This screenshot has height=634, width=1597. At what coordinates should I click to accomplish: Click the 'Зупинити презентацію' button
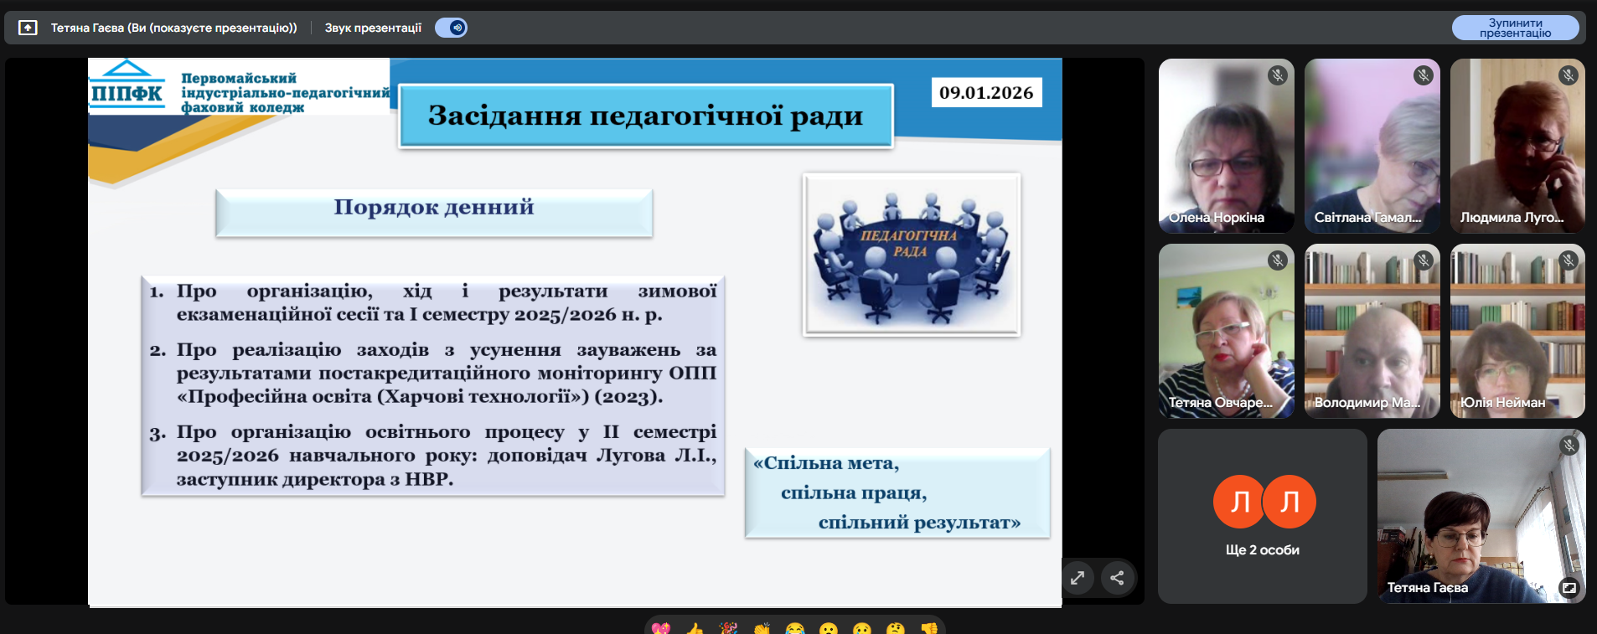click(1515, 28)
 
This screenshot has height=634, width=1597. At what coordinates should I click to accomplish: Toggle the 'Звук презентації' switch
click(451, 28)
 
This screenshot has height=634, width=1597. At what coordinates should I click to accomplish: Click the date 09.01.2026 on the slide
click(986, 92)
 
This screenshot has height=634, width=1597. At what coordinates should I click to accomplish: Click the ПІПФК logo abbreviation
click(127, 93)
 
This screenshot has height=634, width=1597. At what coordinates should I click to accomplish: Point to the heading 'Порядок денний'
click(434, 207)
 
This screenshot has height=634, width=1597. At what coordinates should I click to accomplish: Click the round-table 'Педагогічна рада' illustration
click(912, 255)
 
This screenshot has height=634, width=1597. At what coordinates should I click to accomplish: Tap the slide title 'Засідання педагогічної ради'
click(645, 116)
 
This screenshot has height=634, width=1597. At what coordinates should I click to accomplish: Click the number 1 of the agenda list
click(156, 292)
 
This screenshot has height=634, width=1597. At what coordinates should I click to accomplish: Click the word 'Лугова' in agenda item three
click(631, 456)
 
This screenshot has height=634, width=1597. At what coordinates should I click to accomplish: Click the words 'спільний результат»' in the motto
click(919, 523)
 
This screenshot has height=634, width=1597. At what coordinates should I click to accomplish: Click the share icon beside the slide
click(1117, 578)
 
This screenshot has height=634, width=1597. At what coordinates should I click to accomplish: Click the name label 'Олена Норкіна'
click(1216, 218)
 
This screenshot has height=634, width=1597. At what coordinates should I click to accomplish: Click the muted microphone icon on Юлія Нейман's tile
click(1569, 260)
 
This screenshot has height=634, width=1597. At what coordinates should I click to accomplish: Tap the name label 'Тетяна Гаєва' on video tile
click(1427, 588)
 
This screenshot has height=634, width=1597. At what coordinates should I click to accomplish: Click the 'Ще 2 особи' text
click(1262, 550)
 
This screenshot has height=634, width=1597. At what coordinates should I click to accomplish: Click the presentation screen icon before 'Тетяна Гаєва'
click(28, 28)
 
